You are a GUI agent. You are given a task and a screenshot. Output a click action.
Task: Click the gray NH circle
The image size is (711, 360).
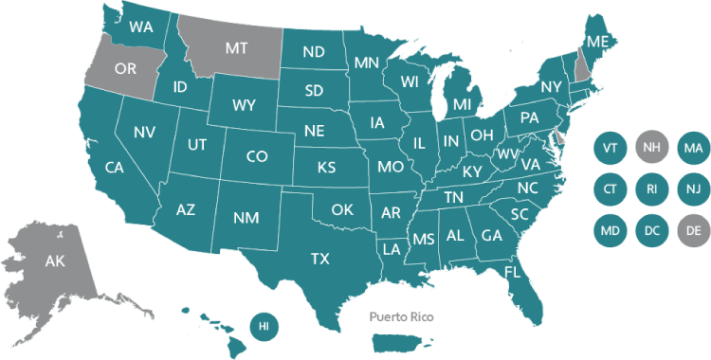[650, 148]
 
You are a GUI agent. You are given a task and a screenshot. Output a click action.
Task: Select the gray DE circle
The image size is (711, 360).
[693, 228]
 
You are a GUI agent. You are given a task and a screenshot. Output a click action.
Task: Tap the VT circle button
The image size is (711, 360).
[610, 148]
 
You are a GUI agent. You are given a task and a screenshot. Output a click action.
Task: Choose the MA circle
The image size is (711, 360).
[693, 148]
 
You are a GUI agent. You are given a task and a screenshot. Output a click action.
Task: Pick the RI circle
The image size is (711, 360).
[650, 189]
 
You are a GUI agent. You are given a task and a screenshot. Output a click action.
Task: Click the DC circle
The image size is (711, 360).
[650, 228]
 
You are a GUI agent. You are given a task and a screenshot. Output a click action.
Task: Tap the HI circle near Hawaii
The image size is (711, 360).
[264, 326]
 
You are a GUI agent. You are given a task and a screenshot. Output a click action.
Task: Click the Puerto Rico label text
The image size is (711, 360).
[401, 316]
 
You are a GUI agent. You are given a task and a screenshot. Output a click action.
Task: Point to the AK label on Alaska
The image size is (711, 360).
[55, 261]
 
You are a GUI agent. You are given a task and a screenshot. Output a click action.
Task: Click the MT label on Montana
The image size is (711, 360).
[236, 45]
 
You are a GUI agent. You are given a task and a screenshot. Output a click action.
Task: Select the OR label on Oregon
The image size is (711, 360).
[124, 68]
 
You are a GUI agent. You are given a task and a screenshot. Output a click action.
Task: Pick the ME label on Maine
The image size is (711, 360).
[597, 43]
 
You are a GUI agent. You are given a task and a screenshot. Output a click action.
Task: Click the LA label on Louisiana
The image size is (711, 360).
[391, 248]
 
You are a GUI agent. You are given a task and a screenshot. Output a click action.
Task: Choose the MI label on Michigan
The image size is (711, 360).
[463, 103]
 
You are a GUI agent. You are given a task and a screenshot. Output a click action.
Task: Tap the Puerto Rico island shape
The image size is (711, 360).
[403, 338]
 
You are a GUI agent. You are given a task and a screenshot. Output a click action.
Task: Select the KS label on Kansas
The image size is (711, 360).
[326, 168]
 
